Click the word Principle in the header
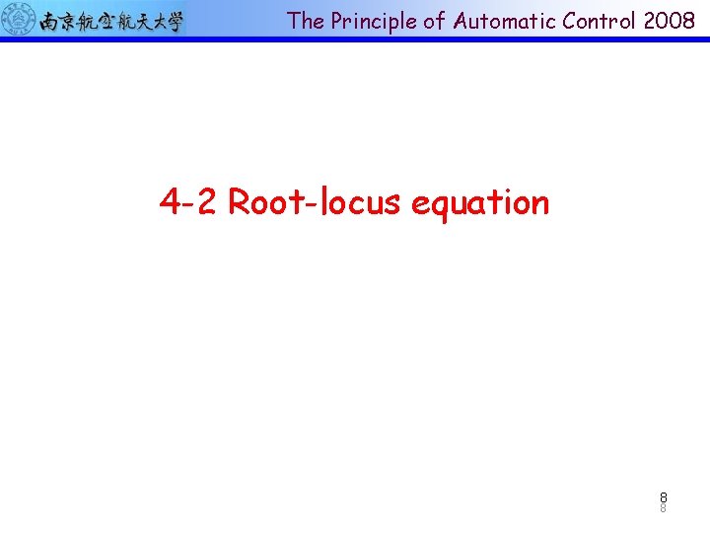372,21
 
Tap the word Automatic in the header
499,21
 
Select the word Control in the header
589,21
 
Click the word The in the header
306,21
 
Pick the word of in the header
435,21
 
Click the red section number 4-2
189,202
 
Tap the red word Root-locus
315,202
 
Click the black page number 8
664,497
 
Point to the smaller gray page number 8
664,509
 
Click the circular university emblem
18,19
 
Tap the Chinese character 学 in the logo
175,21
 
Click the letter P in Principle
338,21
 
